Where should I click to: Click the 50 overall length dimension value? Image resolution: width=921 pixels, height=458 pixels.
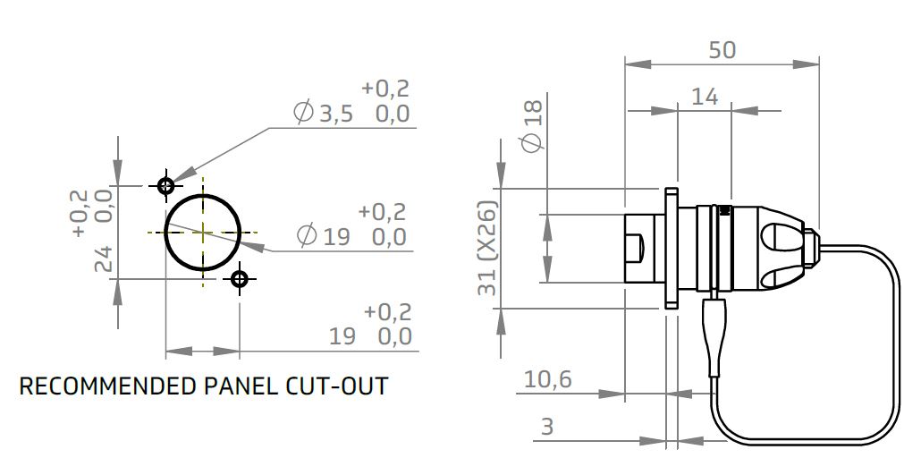(722, 50)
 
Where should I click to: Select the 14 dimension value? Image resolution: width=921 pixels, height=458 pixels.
(705, 96)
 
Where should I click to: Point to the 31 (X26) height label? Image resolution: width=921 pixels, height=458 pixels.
(511, 250)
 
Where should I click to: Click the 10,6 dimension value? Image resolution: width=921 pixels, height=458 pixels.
(547, 379)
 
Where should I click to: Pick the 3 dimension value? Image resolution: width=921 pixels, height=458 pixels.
(547, 428)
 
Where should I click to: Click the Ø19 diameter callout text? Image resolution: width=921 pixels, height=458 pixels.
(324, 237)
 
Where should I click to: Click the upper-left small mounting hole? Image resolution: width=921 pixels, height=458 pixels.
(165, 186)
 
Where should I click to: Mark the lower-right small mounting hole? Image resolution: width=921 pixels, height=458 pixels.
(239, 279)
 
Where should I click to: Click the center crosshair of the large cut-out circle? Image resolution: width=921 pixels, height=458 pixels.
(204, 232)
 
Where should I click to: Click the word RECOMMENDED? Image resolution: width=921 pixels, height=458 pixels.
(104, 386)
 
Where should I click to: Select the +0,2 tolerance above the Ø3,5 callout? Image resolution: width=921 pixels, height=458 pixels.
(385, 89)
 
